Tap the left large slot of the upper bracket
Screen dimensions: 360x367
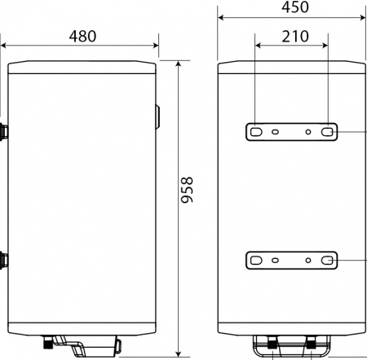pyautogui.click(x=256, y=131)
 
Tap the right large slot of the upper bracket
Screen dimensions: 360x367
pyautogui.click(x=327, y=131)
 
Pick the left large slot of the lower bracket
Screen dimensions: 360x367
pyautogui.click(x=256, y=261)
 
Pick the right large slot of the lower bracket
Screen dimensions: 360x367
pyautogui.click(x=327, y=261)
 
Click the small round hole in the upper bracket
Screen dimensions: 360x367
pyautogui.click(x=309, y=131)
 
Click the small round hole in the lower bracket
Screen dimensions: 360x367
pyautogui.click(x=309, y=261)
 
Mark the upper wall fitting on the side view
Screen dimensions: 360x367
pyautogui.click(x=4, y=130)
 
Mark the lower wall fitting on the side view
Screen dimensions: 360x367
pyautogui.click(x=4, y=261)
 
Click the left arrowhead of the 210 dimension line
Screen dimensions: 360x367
pyautogui.click(x=256, y=45)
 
